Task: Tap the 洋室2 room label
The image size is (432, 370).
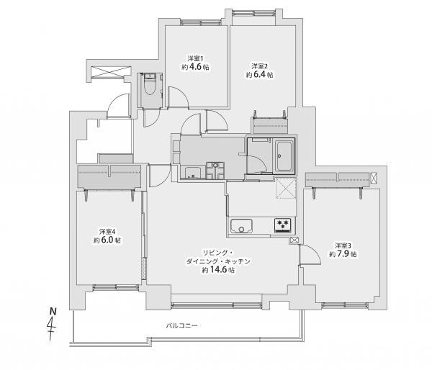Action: [259, 63]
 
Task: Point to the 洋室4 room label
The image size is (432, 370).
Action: [107, 231]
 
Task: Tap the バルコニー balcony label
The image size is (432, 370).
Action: [181, 326]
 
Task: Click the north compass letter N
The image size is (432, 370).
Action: [52, 310]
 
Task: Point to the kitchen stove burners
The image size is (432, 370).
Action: [282, 225]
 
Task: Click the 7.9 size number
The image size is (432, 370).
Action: [348, 254]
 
